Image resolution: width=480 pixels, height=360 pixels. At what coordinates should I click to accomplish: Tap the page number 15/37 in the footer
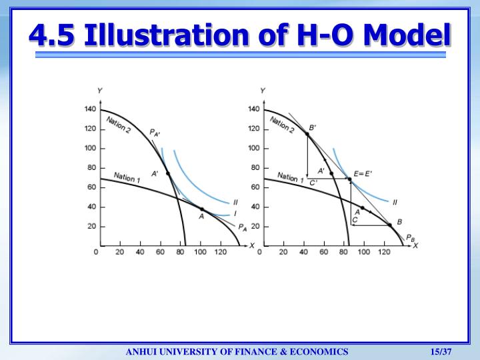tap(442, 351)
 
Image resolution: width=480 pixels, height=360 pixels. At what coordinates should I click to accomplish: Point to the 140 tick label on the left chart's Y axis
tap(90, 109)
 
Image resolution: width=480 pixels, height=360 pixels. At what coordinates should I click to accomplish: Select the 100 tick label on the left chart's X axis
tap(200, 253)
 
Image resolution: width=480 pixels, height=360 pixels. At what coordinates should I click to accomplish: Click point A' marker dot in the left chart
tap(168, 174)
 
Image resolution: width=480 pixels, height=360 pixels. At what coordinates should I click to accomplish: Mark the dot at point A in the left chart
tap(202, 209)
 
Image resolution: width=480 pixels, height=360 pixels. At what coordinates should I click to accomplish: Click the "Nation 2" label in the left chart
tap(119, 125)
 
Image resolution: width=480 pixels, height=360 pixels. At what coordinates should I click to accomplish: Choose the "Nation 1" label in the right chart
tap(291, 178)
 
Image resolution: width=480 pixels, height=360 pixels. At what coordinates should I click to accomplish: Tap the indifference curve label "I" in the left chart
tap(235, 213)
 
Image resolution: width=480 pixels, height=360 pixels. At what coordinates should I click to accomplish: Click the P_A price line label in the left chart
tap(242, 227)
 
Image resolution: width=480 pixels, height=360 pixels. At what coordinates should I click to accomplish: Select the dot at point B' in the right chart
tap(307, 134)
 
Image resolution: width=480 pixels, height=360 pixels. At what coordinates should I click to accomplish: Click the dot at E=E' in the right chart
tap(349, 179)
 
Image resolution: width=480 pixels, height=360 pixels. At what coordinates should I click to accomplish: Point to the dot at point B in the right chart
tap(390, 225)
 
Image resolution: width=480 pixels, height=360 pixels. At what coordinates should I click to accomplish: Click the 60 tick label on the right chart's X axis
tap(322, 253)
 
